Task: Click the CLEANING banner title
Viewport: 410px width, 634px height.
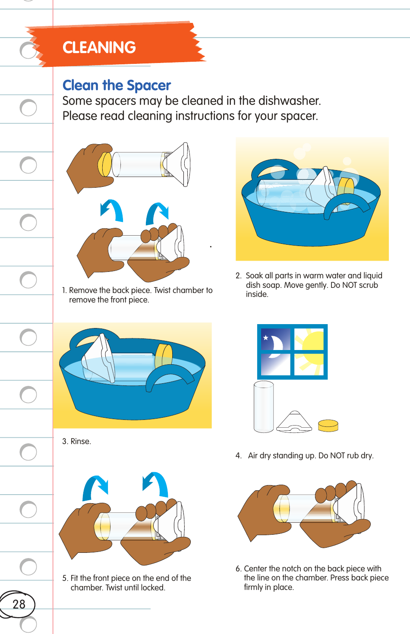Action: click(99, 47)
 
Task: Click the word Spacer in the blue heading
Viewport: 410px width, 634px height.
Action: click(148, 85)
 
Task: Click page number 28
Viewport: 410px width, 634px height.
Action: click(19, 604)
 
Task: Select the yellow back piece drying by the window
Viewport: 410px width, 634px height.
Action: click(328, 426)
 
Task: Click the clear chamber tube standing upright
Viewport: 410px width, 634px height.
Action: click(263, 407)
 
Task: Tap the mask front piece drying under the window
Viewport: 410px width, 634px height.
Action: click(294, 423)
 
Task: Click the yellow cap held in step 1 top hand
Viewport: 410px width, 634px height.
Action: click(105, 164)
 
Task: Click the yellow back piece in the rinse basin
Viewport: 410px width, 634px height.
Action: click(164, 355)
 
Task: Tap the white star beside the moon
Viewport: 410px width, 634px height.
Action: click(266, 338)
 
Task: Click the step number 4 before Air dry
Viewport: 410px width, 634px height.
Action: click(238, 456)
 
